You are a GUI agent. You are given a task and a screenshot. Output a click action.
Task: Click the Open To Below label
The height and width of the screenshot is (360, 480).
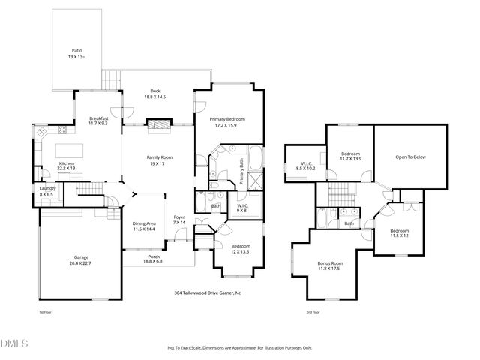click(x=410, y=157)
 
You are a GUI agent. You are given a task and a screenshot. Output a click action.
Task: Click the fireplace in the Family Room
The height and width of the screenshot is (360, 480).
click(x=157, y=125)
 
